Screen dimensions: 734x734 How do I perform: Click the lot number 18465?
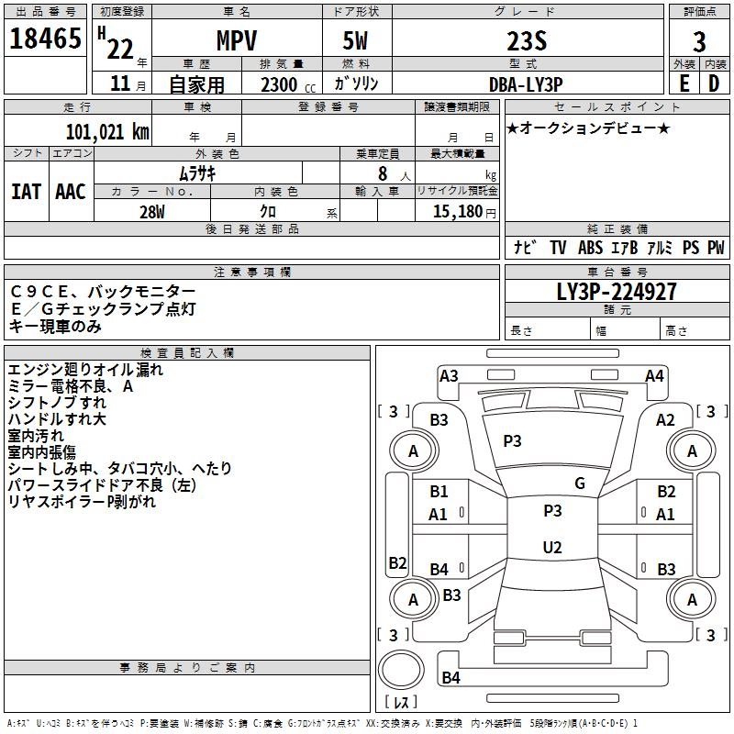[x=45, y=39]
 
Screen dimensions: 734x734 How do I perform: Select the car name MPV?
[x=237, y=40]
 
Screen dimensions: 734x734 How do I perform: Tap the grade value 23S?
[x=527, y=41]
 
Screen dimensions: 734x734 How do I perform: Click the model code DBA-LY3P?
[x=526, y=84]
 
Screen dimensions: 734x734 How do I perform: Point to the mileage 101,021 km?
[x=107, y=132]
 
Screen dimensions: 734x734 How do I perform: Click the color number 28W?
[x=152, y=212]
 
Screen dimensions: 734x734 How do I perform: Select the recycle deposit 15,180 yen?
[x=464, y=212]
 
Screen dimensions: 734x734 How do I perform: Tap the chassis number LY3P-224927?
[x=617, y=292]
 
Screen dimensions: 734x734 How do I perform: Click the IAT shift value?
[x=27, y=192]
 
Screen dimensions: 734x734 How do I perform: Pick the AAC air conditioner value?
[x=71, y=192]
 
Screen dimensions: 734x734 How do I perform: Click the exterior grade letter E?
[x=684, y=83]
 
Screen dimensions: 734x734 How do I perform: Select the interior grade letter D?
[x=714, y=83]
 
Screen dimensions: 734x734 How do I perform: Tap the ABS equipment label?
[x=590, y=248]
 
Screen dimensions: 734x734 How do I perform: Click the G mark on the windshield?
[x=580, y=484]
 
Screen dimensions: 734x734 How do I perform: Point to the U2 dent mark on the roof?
[x=552, y=547]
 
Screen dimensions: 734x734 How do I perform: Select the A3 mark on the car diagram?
[x=449, y=376]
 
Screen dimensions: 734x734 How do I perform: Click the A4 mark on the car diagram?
[x=654, y=376]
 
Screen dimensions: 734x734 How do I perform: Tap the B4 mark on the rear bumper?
[x=450, y=677]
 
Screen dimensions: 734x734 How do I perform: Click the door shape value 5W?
[x=355, y=40]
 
